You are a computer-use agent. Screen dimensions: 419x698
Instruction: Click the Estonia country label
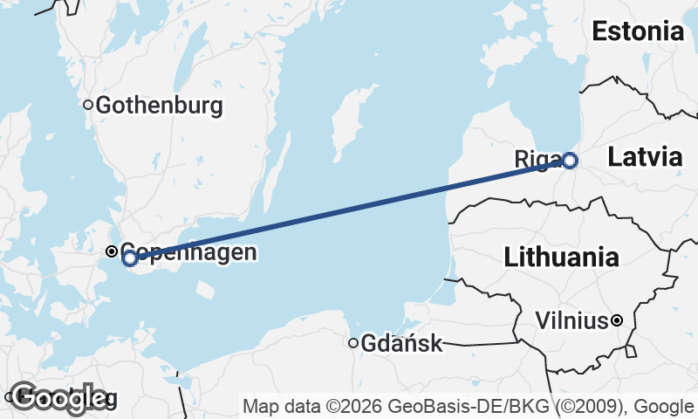637,32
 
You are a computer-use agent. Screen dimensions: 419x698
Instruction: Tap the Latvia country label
645,158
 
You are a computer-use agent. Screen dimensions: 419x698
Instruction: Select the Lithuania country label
562,258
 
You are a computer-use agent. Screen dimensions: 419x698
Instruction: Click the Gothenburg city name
159,106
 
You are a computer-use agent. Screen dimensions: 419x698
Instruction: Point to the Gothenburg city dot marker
88,105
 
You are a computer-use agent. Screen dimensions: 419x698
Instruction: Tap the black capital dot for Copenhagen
112,251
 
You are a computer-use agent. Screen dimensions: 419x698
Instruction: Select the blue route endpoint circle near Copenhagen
130,258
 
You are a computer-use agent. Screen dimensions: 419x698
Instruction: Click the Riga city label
537,160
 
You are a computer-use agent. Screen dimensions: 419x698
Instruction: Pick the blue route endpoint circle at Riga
570,161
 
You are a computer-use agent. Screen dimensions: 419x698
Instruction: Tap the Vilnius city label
571,321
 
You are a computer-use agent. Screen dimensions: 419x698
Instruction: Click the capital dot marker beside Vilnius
617,320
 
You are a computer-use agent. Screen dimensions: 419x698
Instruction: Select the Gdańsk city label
402,344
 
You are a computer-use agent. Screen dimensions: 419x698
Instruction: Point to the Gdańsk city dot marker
353,343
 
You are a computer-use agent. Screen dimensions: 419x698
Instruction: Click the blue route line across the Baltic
349,209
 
